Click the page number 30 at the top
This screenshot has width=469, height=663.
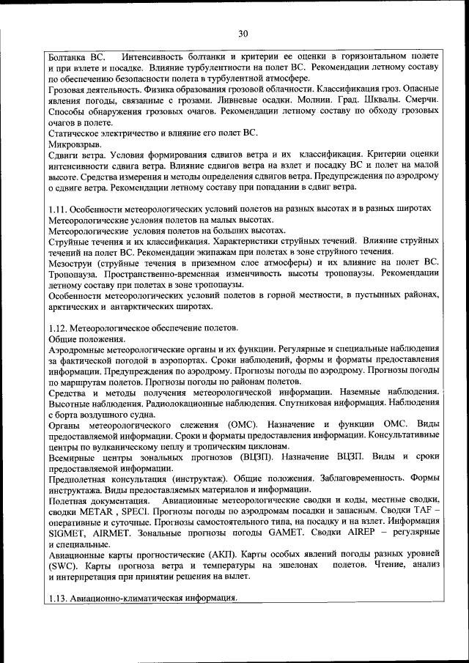tap(243, 33)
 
